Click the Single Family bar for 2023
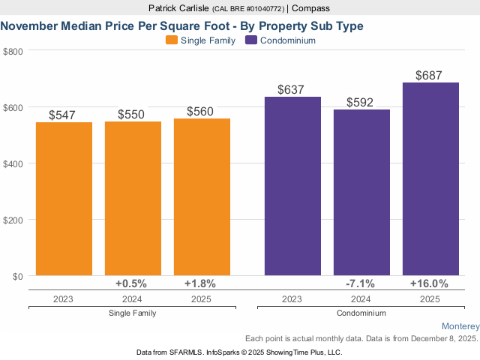pos(64,199)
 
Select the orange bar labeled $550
pos(133,198)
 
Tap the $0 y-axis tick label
pos(16,276)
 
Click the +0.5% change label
pos(131,283)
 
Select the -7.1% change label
pos(361,283)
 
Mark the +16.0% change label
pos(429,283)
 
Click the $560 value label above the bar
pos(200,112)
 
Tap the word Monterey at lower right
pos(460,326)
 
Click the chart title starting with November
pos(182,25)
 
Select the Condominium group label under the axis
pos(361,313)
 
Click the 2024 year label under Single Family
pos(132,298)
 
